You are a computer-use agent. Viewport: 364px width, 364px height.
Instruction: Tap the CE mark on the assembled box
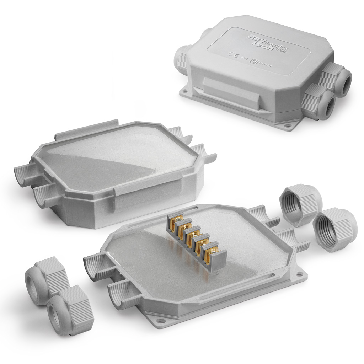pos(233,54)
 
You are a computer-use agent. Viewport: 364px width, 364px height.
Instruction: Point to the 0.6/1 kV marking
pos(265,64)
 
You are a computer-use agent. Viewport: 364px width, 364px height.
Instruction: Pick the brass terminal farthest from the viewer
pos(177,219)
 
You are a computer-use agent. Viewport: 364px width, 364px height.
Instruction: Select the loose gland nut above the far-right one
pos(300,204)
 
